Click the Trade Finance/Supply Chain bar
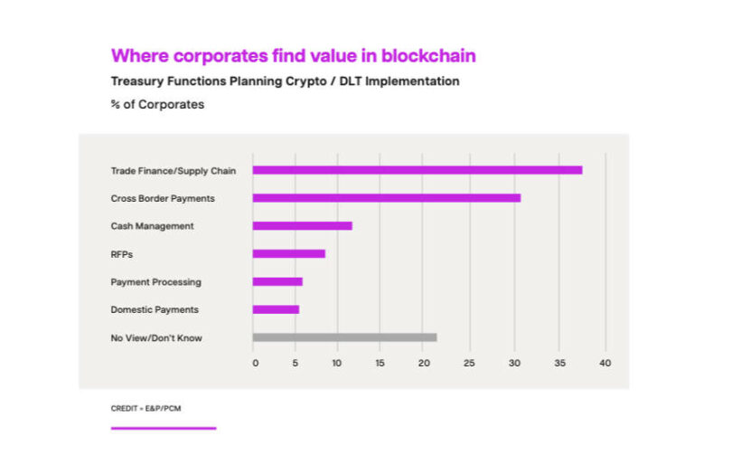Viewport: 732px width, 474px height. point(417,170)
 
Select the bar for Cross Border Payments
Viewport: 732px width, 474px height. point(386,197)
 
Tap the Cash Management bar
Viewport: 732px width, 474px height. point(302,225)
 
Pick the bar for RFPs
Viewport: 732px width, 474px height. point(288,253)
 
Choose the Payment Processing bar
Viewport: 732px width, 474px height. point(277,281)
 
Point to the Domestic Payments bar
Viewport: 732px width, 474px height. point(276,309)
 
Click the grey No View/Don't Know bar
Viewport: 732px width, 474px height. point(344,337)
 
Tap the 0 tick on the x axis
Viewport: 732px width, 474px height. point(255,364)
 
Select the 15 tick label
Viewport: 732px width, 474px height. point(380,364)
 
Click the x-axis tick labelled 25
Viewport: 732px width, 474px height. point(468,364)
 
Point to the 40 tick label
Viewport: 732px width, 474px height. point(605,364)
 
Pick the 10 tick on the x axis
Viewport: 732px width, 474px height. point(336,364)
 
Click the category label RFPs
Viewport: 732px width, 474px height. point(122,254)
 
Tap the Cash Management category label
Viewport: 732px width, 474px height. point(152,226)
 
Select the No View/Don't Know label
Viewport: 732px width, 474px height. point(156,338)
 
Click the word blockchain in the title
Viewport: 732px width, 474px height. point(428,56)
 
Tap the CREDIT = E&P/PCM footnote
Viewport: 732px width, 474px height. point(145,409)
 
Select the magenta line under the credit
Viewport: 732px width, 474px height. point(164,428)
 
